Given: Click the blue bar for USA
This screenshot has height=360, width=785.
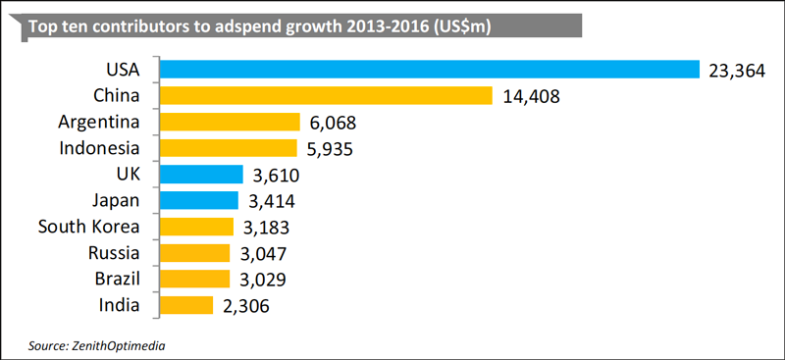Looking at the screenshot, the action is click(x=430, y=70).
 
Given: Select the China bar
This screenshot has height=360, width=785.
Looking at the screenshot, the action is click(x=327, y=95).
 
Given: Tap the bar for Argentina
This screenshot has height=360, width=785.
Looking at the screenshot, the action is click(x=230, y=122).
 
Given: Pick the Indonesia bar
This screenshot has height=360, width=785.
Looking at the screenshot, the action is click(x=229, y=148).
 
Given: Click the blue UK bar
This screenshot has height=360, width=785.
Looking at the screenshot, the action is click(x=202, y=175).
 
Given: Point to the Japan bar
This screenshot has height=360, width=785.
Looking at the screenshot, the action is click(x=199, y=200).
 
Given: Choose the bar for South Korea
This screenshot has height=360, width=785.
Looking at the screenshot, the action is click(x=197, y=227).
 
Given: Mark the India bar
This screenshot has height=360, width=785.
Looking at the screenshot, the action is click(x=186, y=305).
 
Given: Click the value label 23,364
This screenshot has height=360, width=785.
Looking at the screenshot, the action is click(x=737, y=71).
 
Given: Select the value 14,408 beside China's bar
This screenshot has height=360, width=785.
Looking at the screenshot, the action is click(x=530, y=97).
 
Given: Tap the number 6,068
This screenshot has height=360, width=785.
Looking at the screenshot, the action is click(x=333, y=123).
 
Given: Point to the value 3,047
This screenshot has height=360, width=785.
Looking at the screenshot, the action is click(x=262, y=254).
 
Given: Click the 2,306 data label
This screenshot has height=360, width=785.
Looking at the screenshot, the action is click(x=246, y=306).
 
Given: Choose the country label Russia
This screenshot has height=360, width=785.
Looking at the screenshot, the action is click(x=114, y=253).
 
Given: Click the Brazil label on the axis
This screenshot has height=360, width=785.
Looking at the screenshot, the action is click(x=117, y=279).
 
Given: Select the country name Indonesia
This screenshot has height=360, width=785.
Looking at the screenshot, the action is click(x=99, y=148).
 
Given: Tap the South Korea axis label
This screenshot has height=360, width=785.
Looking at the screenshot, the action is click(x=88, y=227).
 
